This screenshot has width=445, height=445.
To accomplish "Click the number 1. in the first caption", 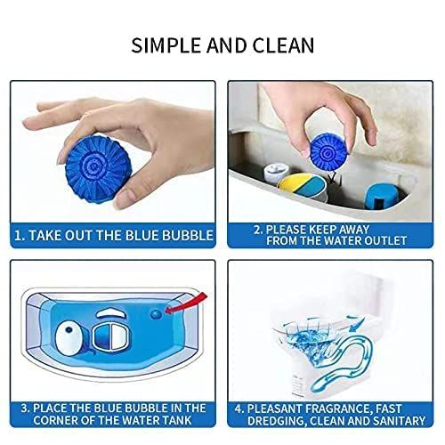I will (20, 236).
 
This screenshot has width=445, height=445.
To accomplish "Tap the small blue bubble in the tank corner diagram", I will (157, 312).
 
